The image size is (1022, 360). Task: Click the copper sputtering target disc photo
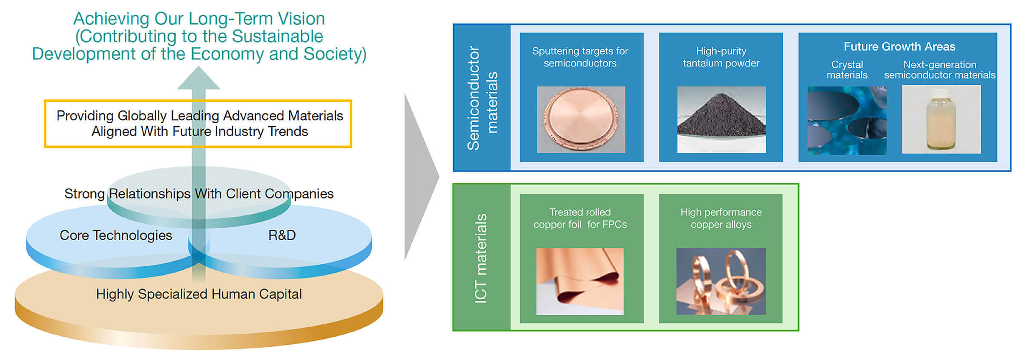[581, 119]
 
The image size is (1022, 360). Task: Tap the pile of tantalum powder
[721, 117]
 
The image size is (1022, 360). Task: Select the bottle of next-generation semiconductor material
[941, 121]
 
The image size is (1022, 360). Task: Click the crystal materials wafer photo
[847, 121]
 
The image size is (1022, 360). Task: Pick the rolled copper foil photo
[580, 281]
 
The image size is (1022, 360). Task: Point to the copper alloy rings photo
[721, 281]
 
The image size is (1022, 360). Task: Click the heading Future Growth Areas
[899, 46]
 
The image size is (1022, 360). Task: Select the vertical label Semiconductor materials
[482, 98]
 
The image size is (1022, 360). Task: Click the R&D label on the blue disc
[282, 235]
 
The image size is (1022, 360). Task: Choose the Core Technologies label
[116, 235]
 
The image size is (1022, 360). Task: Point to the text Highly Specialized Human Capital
[199, 294]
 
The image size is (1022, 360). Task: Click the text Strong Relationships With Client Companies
[199, 194]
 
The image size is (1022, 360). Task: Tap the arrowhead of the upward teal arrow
[198, 79]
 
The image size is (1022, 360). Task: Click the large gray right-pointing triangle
[419, 177]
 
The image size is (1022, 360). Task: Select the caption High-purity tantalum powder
[721, 57]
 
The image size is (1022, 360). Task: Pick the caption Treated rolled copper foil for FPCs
[580, 218]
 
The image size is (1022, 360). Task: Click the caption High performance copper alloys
[721, 218]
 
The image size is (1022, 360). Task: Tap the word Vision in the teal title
[301, 19]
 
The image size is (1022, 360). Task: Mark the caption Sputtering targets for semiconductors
[580, 57]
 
